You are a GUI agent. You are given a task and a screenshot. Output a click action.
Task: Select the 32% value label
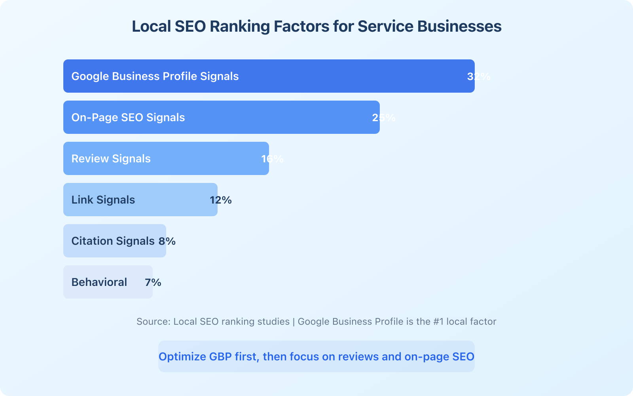pos(479,76)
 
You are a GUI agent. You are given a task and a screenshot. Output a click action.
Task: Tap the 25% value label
pos(384,118)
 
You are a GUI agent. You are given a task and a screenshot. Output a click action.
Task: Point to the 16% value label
pos(273,159)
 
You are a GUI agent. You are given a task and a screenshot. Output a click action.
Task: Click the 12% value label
pos(221,200)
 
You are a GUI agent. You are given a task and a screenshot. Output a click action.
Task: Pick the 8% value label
pos(167,241)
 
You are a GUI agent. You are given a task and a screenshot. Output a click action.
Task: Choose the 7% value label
pos(153,282)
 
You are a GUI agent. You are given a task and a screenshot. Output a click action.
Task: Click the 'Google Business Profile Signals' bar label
pos(155,76)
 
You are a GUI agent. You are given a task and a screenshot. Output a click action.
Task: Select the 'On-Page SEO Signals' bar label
pos(128,118)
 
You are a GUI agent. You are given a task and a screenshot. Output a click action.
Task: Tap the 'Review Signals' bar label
pos(111,159)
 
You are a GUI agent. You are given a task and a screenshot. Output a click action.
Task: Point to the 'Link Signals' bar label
pos(103,200)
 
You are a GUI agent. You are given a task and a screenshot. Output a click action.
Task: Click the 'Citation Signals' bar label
pos(113,241)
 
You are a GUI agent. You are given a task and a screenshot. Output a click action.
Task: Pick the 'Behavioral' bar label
pos(99,282)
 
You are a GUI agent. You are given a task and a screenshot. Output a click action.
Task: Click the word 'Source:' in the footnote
pos(154,322)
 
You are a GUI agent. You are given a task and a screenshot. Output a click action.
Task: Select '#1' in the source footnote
pos(438,322)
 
